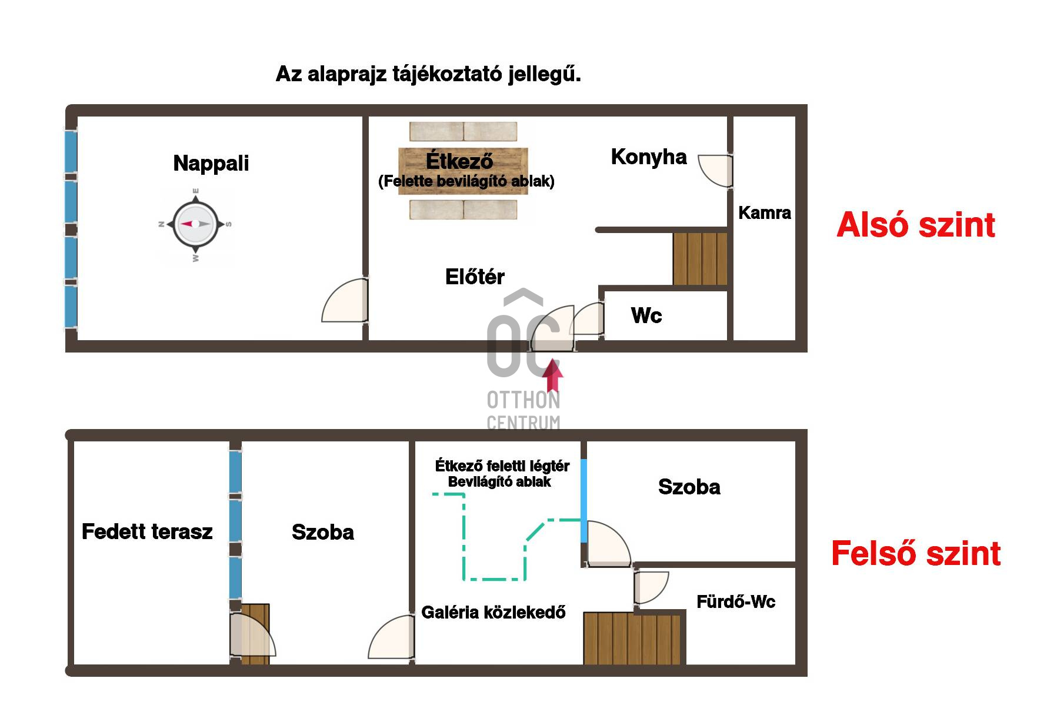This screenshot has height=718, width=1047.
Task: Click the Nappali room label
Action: pos(211,163)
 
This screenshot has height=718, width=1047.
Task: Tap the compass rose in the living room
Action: pos(195,224)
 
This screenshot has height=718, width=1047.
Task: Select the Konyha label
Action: pos(649,157)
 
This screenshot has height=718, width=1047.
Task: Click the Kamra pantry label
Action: pos(765,212)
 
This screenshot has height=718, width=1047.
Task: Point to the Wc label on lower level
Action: pos(646,315)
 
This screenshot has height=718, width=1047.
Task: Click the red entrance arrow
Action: pos(552,375)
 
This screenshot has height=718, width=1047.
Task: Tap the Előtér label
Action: pos(475,277)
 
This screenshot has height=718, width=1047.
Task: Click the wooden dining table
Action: pos(463,171)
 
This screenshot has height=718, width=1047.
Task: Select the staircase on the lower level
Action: pos(700,259)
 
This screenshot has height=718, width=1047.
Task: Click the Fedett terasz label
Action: pos(147,531)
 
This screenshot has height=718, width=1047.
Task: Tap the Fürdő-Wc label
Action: pos(736,601)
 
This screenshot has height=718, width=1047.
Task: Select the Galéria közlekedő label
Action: pos(494,613)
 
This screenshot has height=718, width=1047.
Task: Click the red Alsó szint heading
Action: pos(916,225)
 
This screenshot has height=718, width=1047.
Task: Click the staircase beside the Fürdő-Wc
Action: pos(633,639)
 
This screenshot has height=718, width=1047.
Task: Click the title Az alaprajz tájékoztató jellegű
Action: pos(428,75)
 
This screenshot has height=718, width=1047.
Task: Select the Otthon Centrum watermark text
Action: pos(523,411)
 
